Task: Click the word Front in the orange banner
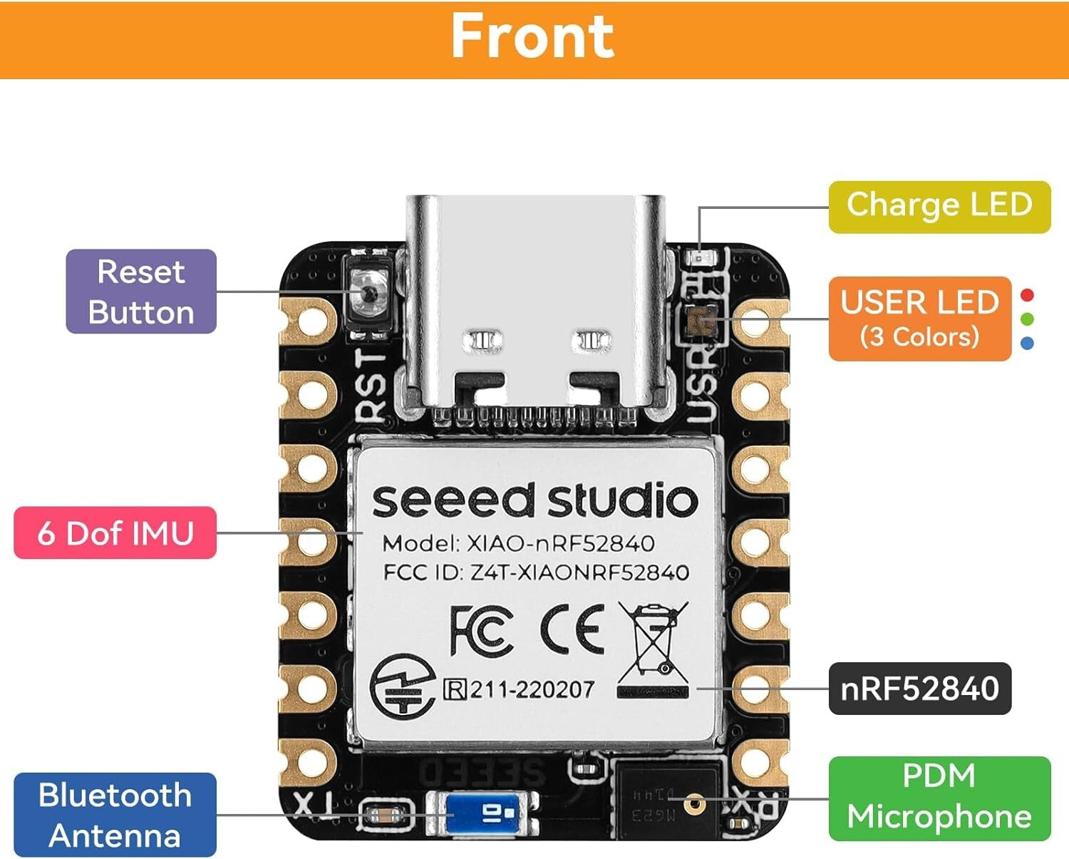point(532,36)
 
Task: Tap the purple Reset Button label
point(141,292)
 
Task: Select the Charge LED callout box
point(939,206)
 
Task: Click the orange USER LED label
point(919,318)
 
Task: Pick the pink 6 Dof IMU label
point(115,533)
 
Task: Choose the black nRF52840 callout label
point(919,689)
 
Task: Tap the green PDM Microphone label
point(939,798)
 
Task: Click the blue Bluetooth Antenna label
point(115,815)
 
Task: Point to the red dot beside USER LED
point(1027,295)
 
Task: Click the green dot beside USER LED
point(1027,319)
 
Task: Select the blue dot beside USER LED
point(1027,343)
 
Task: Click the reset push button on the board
point(369,292)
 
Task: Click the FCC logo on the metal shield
point(481,630)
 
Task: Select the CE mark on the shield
point(572,629)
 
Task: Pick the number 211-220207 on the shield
point(531,689)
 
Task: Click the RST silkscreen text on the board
point(373,385)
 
